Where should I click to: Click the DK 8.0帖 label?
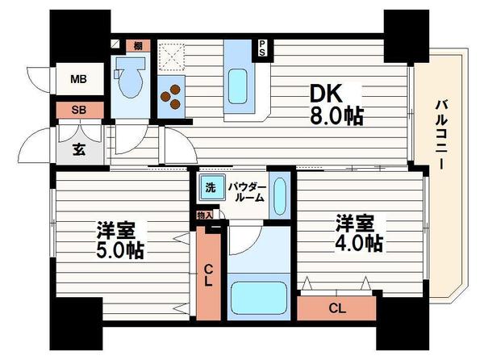click(x=336, y=103)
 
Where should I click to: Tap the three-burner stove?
click(x=172, y=98)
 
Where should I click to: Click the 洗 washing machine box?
click(x=210, y=187)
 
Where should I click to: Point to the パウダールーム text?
click(x=245, y=192)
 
